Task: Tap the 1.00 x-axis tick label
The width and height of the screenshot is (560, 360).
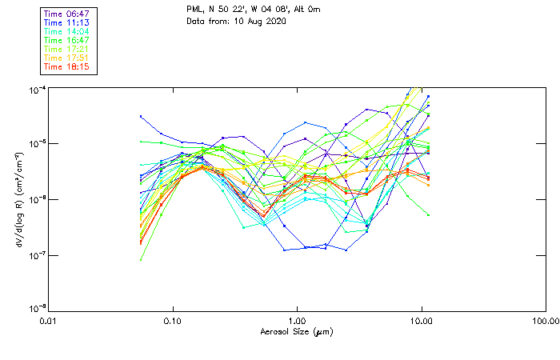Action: (297, 321)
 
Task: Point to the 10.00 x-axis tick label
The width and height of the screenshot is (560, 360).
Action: (421, 321)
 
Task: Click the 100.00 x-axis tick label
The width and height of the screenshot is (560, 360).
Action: (546, 321)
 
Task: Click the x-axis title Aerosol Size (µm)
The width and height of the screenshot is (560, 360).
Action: (296, 331)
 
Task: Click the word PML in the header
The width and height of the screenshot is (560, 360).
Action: (195, 10)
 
